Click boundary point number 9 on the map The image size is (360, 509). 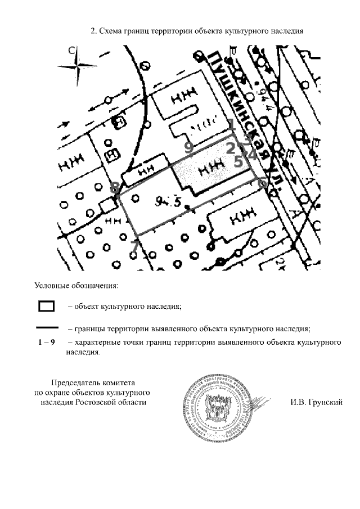click(189, 147)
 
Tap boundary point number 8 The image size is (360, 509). click(115, 187)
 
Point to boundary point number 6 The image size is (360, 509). click(262, 183)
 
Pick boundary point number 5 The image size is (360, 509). click(238, 161)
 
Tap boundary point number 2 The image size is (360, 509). click(230, 148)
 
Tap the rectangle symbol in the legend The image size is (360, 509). click(46, 307)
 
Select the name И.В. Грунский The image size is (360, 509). click(317, 402)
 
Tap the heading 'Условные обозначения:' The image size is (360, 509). click(76, 286)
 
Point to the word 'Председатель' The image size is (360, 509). click(77, 382)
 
